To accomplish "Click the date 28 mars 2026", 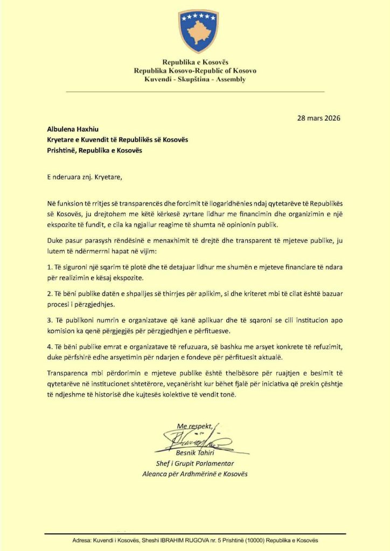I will pos(319,118).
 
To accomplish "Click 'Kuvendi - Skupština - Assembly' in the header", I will pos(195,79).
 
